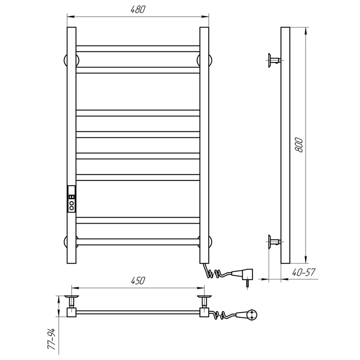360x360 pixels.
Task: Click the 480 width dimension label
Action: point(138,9)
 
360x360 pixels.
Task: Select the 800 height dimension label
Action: point(299,145)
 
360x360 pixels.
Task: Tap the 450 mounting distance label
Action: point(138,280)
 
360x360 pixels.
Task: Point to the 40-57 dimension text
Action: point(304,272)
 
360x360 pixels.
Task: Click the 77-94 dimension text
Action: point(52,339)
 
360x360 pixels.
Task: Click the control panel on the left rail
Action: point(72,199)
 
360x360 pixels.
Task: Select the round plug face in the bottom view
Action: point(252,315)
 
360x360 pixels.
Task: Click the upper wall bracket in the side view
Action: point(274,60)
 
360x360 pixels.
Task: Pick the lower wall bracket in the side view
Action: point(274,242)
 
